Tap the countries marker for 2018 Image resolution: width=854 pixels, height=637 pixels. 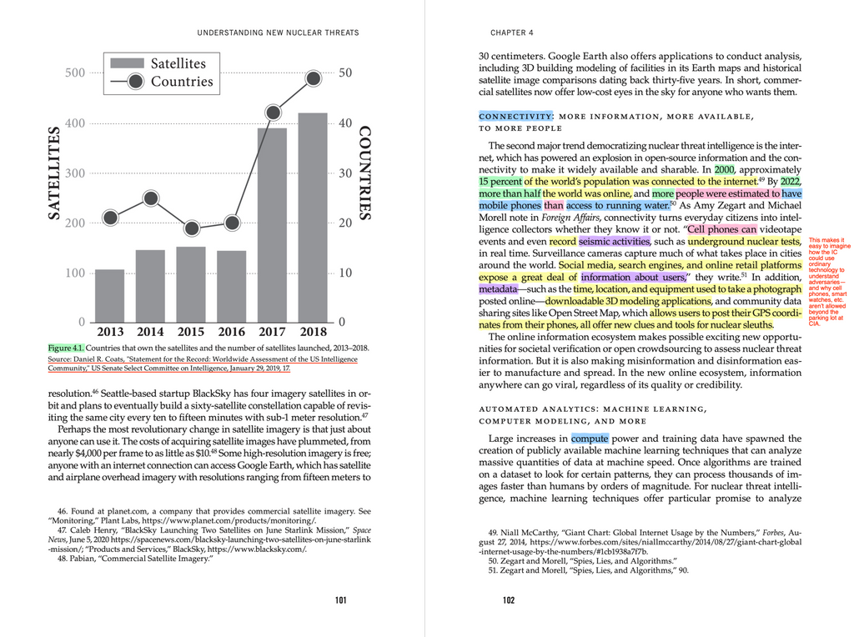click(x=314, y=78)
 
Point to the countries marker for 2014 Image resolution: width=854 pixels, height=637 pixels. click(x=151, y=198)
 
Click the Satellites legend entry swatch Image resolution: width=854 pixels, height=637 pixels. click(x=127, y=63)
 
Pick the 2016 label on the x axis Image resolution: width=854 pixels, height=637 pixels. click(x=232, y=332)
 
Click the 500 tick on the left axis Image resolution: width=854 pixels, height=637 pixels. click(x=75, y=73)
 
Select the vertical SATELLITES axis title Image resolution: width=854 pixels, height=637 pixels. click(x=55, y=173)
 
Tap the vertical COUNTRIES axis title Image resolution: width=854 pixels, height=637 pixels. click(x=364, y=173)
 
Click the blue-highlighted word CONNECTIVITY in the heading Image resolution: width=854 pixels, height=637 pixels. click(x=515, y=116)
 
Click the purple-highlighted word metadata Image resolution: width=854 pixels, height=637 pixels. click(x=498, y=288)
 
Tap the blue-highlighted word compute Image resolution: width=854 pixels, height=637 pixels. click(x=590, y=438)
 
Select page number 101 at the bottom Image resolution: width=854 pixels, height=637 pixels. click(x=340, y=599)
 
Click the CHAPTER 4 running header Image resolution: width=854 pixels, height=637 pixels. click(x=512, y=33)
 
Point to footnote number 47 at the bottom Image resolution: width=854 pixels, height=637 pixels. click(x=63, y=529)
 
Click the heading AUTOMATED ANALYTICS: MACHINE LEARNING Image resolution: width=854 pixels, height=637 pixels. click(x=592, y=409)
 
